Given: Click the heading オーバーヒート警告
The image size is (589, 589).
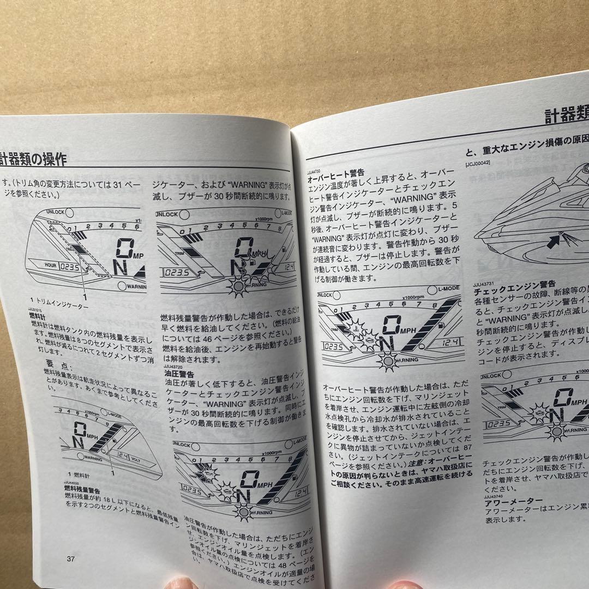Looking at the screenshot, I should [336, 179].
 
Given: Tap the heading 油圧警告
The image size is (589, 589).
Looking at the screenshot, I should [179, 375].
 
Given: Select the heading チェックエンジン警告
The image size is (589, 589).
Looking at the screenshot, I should [515, 284].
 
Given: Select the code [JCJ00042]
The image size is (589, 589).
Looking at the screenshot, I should [478, 163].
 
